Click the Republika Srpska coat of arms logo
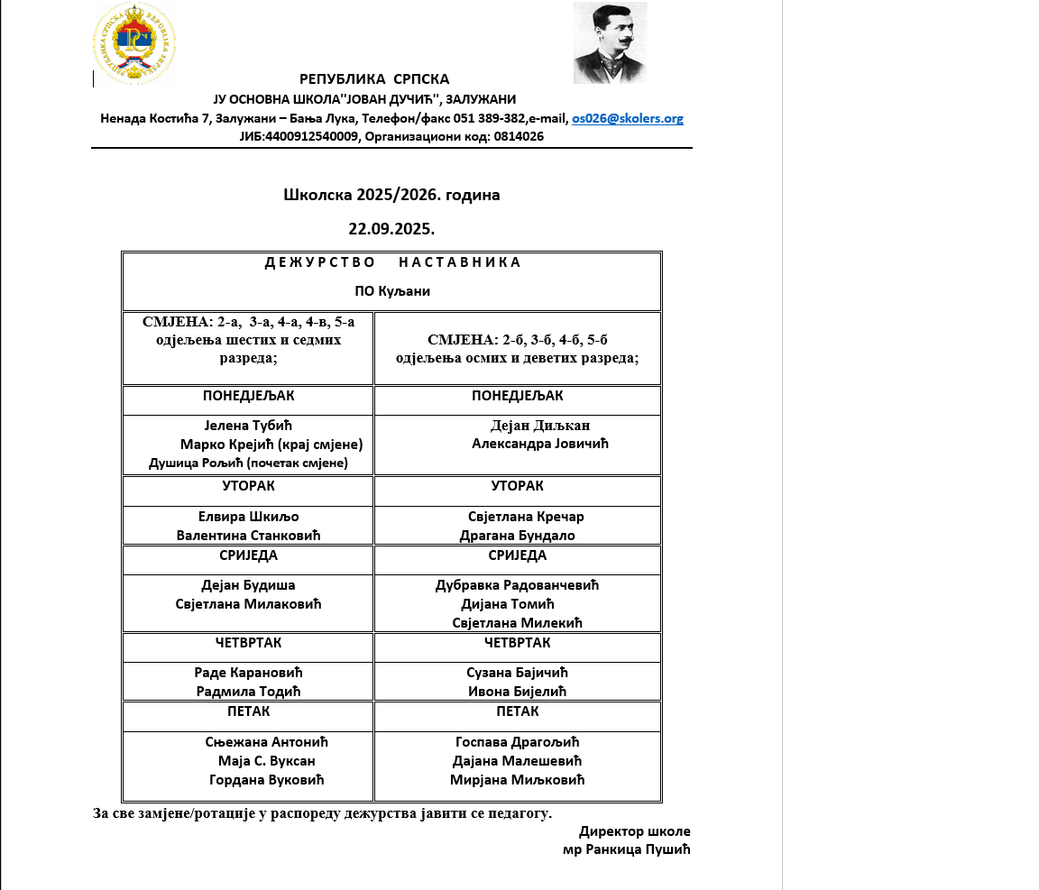(134, 43)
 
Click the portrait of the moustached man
(610, 42)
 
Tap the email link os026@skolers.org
(627, 118)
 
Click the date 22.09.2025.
(391, 229)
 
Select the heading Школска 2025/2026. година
(391, 195)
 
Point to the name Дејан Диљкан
(540, 426)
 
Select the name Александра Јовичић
(540, 444)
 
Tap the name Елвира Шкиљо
(248, 517)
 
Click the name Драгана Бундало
(517, 536)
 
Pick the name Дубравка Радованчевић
(517, 585)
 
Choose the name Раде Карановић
(248, 673)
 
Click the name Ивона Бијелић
(517, 692)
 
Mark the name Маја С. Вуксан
(266, 761)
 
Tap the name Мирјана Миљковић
(518, 780)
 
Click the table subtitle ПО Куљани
(391, 291)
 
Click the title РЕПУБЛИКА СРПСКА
(374, 79)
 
